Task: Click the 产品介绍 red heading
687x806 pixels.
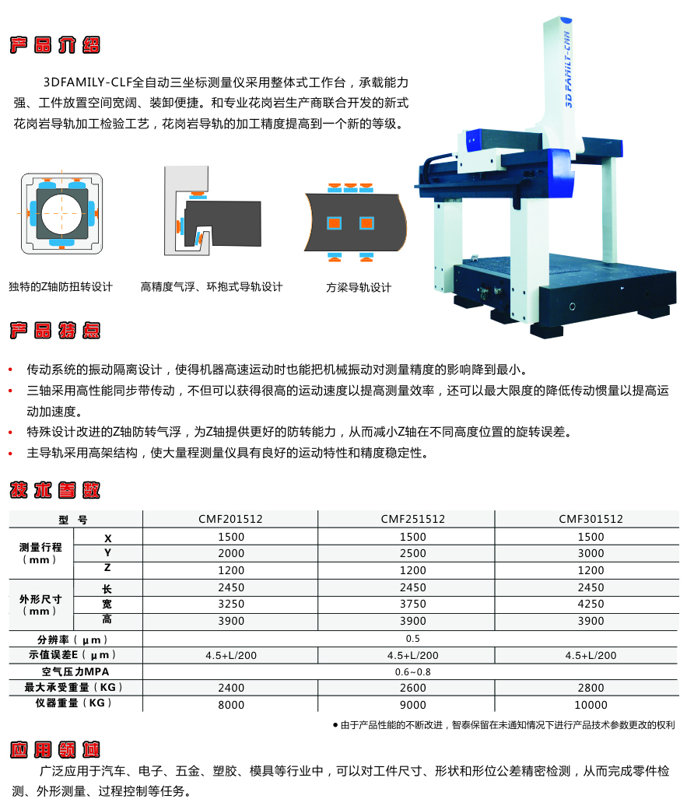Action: coord(54,44)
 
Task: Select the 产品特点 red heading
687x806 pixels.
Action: coord(54,331)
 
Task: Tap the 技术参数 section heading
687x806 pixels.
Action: coord(54,491)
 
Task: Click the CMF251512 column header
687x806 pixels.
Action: coord(412,519)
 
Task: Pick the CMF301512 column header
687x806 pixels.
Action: coord(591,519)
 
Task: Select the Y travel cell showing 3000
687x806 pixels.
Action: coord(591,554)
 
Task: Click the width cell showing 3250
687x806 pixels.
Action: coord(231,604)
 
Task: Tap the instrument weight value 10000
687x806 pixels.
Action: coord(591,705)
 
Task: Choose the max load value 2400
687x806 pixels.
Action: coord(231,688)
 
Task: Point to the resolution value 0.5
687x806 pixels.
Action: coord(412,639)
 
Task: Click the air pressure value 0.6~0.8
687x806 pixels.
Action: coord(412,671)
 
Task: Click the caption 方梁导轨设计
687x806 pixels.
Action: coord(359,288)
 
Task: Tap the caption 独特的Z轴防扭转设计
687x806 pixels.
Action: coord(61,287)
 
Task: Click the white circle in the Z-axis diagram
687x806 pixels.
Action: coord(61,213)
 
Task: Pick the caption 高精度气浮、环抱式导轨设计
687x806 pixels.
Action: coord(212,287)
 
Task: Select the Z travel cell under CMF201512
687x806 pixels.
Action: coord(231,570)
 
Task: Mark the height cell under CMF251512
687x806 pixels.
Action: coord(412,621)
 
